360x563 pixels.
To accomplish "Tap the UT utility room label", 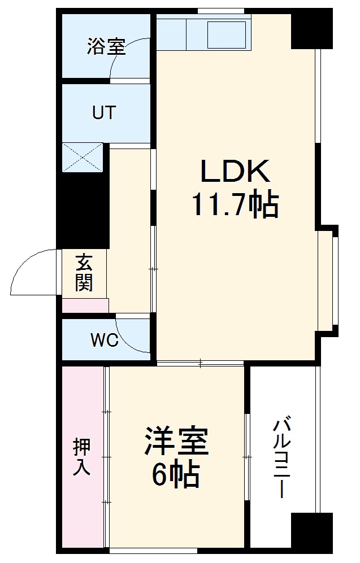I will coord(104,112).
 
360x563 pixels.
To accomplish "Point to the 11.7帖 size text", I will coord(236,204).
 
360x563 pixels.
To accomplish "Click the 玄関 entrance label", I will coord(84,273).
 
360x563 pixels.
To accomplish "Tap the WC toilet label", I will coord(104,341).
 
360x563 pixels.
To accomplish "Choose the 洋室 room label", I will coord(176,442).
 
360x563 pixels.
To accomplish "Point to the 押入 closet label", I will coord(82,457).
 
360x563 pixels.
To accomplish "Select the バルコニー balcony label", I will coord(282,457).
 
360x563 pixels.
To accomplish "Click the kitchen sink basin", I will coord(227,35).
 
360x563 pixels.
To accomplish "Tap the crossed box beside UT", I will coord(83,157).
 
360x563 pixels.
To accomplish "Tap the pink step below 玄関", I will coord(85,305).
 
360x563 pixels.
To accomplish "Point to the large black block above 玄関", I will coord(84,209).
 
